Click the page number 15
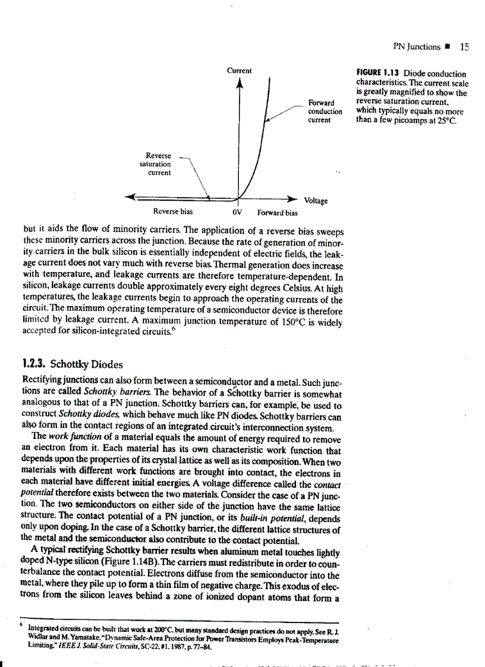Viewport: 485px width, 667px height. point(465,47)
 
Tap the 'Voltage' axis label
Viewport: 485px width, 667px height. point(316,201)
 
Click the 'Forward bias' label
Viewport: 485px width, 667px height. point(278,212)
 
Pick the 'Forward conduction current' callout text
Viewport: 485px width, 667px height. point(325,111)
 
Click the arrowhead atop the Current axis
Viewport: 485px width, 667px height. point(240,84)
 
